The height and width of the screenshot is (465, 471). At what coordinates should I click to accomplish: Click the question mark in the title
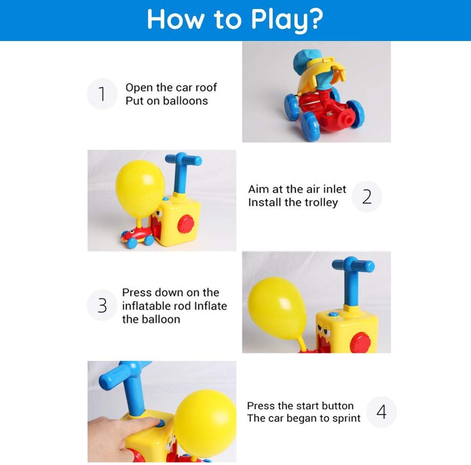tap(316, 19)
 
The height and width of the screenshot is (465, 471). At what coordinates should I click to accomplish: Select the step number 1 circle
tap(102, 94)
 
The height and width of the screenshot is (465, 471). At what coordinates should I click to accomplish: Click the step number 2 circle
tap(367, 197)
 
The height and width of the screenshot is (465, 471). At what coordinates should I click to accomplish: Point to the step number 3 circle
tap(102, 305)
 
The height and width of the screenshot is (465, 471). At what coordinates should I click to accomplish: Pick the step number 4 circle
tap(382, 412)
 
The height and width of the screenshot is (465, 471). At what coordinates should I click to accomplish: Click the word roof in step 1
tap(206, 88)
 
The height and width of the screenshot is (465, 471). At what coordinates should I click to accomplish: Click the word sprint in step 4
tap(346, 418)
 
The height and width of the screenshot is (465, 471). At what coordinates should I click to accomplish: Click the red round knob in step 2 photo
tap(186, 224)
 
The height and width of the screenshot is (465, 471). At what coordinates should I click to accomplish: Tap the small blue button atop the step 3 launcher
tap(333, 314)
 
